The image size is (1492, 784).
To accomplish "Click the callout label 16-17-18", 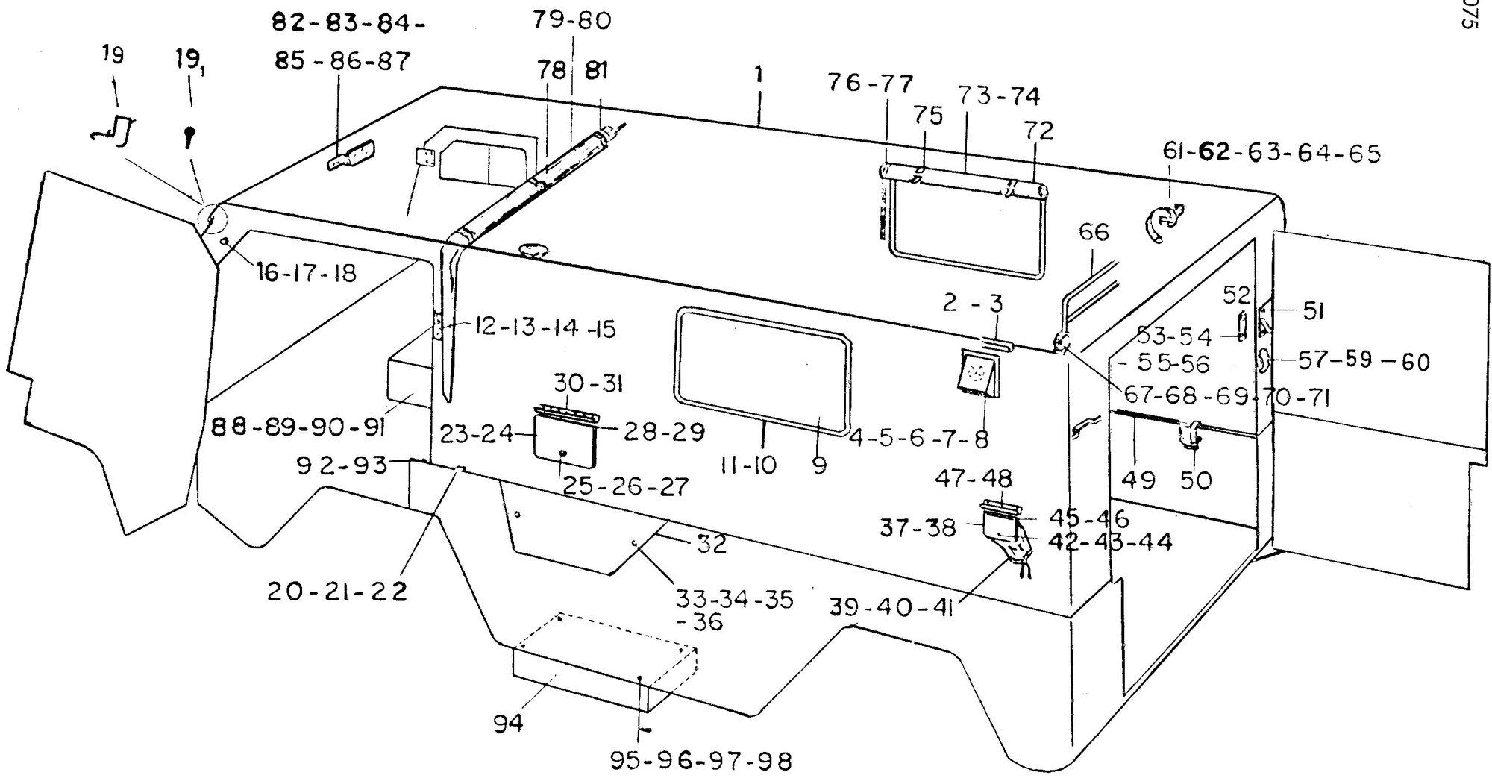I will pyautogui.click(x=307, y=273).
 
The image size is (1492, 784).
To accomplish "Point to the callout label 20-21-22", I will pyautogui.click(x=338, y=592).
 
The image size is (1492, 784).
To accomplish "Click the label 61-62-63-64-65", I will pyautogui.click(x=1271, y=153).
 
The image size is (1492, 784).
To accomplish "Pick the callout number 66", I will pyautogui.click(x=1094, y=232).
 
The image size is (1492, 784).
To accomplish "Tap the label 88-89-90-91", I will pyautogui.click(x=298, y=428).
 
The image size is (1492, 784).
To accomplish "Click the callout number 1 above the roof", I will pyautogui.click(x=759, y=76).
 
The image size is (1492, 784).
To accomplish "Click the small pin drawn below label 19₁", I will pyautogui.click(x=190, y=136).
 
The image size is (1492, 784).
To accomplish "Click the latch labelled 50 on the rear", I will pyautogui.click(x=1190, y=435).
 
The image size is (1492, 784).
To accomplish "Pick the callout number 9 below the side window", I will pyautogui.click(x=819, y=466).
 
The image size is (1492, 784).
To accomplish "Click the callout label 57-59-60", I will pyautogui.click(x=1364, y=362).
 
